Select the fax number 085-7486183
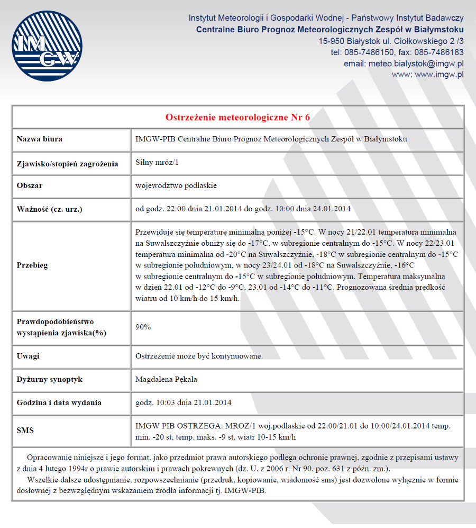pyautogui.click(x=439, y=52)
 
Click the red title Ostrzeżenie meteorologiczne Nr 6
pyautogui.click(x=238, y=117)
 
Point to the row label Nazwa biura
pyautogui.click(x=39, y=139)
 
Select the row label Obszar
pyautogui.click(x=30, y=186)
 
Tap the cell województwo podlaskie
pyautogui.click(x=176, y=186)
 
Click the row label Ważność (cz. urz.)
pyautogui.click(x=50, y=209)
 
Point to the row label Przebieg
pyautogui.click(x=32, y=265)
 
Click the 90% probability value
pyautogui.click(x=143, y=327)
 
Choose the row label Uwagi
pyautogui.click(x=28, y=356)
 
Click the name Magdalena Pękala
pyautogui.click(x=167, y=380)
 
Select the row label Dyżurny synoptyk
pyautogui.click(x=50, y=380)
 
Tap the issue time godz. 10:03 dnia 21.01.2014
pyautogui.click(x=184, y=402)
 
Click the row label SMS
pyautogui.click(x=25, y=430)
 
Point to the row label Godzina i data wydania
pyautogui.click(x=59, y=402)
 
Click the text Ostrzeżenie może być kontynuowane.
pyautogui.click(x=199, y=356)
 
